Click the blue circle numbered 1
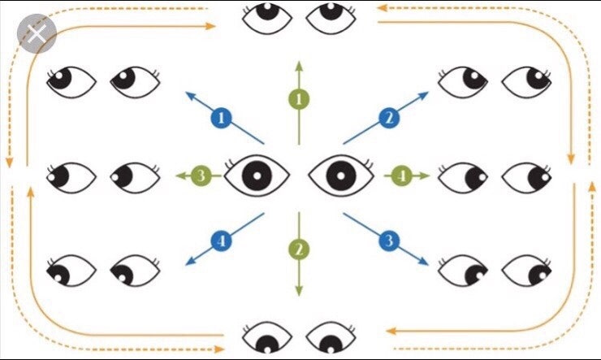click(x=220, y=119)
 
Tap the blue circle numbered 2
click(x=389, y=119)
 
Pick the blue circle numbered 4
click(x=219, y=240)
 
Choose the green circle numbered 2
click(x=300, y=248)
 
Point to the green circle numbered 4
click(x=399, y=175)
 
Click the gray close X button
click(x=37, y=35)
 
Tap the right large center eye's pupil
click(x=340, y=175)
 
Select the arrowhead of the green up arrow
click(x=300, y=65)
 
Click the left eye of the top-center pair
click(x=268, y=16)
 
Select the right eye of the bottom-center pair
click(x=328, y=340)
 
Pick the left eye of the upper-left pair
click(x=71, y=79)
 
